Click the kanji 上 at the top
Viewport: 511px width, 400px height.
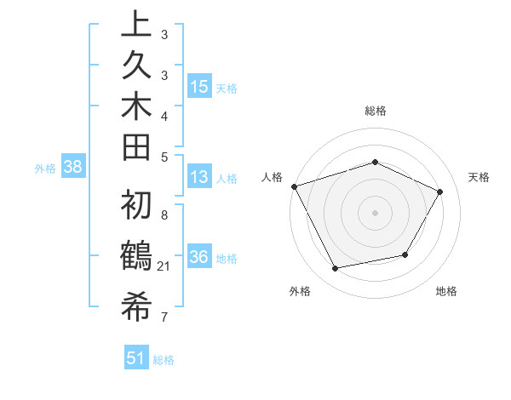(x=136, y=25)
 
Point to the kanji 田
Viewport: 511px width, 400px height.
(x=136, y=146)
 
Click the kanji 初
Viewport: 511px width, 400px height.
(x=136, y=206)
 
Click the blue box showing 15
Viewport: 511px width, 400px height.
(x=199, y=86)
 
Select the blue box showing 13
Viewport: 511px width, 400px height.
(x=199, y=177)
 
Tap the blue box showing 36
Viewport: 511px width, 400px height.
(x=199, y=257)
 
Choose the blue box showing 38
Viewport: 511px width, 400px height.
(x=73, y=167)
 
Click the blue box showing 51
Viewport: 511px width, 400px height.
(x=135, y=358)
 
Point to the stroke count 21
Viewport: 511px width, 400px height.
(x=165, y=267)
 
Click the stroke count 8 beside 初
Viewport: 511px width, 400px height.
(x=164, y=216)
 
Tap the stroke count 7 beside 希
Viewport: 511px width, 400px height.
(x=164, y=317)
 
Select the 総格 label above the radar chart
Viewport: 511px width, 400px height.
(x=376, y=111)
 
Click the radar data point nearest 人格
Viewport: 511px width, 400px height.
(x=294, y=186)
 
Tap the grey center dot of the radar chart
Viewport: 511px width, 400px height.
(x=375, y=212)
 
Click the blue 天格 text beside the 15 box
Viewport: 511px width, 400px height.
(x=227, y=89)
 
